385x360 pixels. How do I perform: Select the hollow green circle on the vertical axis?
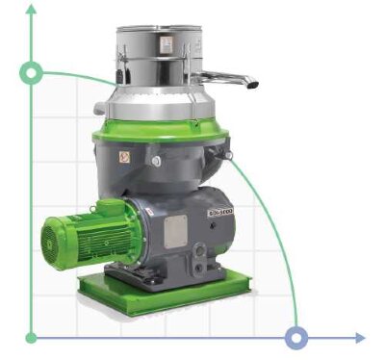(x=32, y=72)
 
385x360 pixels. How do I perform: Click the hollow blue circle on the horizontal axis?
(x=296, y=337)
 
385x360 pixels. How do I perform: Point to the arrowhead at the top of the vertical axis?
(x=32, y=10)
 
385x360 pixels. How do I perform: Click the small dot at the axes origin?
(x=32, y=337)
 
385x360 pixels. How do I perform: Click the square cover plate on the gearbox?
(x=176, y=231)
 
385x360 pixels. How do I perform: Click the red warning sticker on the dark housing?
(x=123, y=155)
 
